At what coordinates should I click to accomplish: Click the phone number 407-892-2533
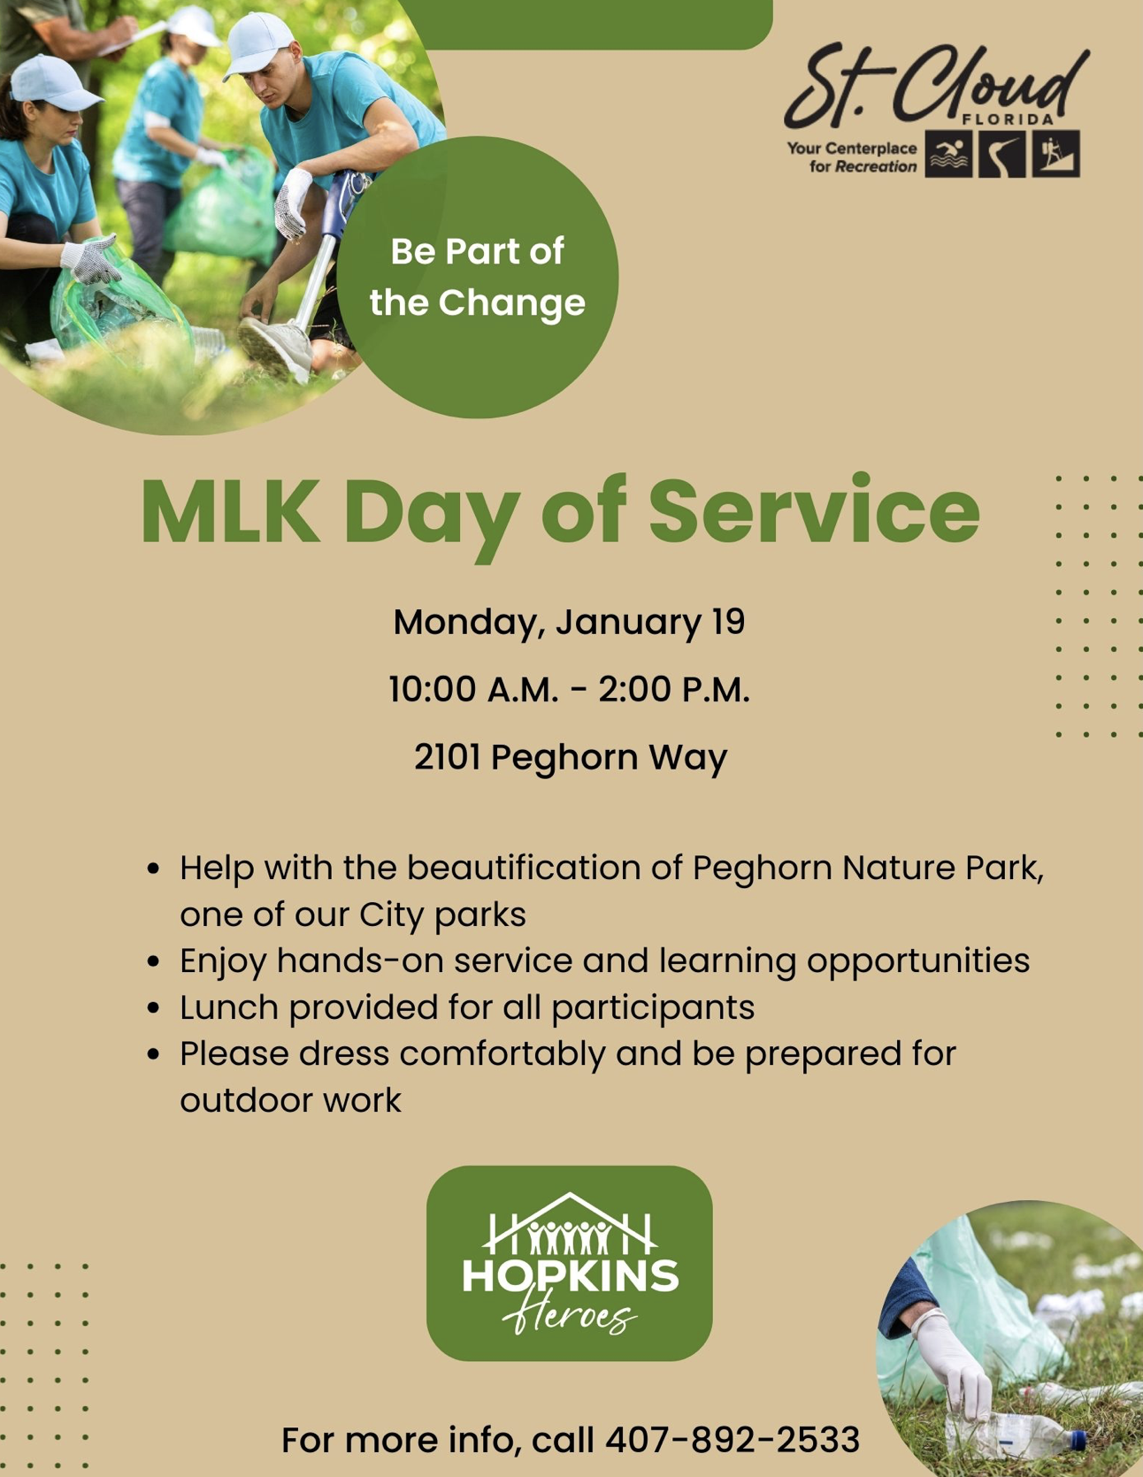point(732,1440)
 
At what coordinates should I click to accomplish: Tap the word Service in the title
point(814,511)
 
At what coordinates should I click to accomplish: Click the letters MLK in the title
point(230,511)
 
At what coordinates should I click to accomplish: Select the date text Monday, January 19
point(569,622)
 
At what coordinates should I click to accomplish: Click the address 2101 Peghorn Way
point(571,757)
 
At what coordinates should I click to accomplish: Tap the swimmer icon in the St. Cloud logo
point(948,155)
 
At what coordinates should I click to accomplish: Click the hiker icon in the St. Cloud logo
point(1056,155)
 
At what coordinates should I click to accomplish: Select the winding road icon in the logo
point(1002,155)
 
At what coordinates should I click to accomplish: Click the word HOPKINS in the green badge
point(570,1276)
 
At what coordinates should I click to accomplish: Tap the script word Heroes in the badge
point(570,1318)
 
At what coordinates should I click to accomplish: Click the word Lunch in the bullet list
point(228,1007)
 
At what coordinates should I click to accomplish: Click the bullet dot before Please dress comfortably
point(154,1054)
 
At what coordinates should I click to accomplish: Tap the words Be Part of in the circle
point(477,252)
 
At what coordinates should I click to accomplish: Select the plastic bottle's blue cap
point(1078,1440)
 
